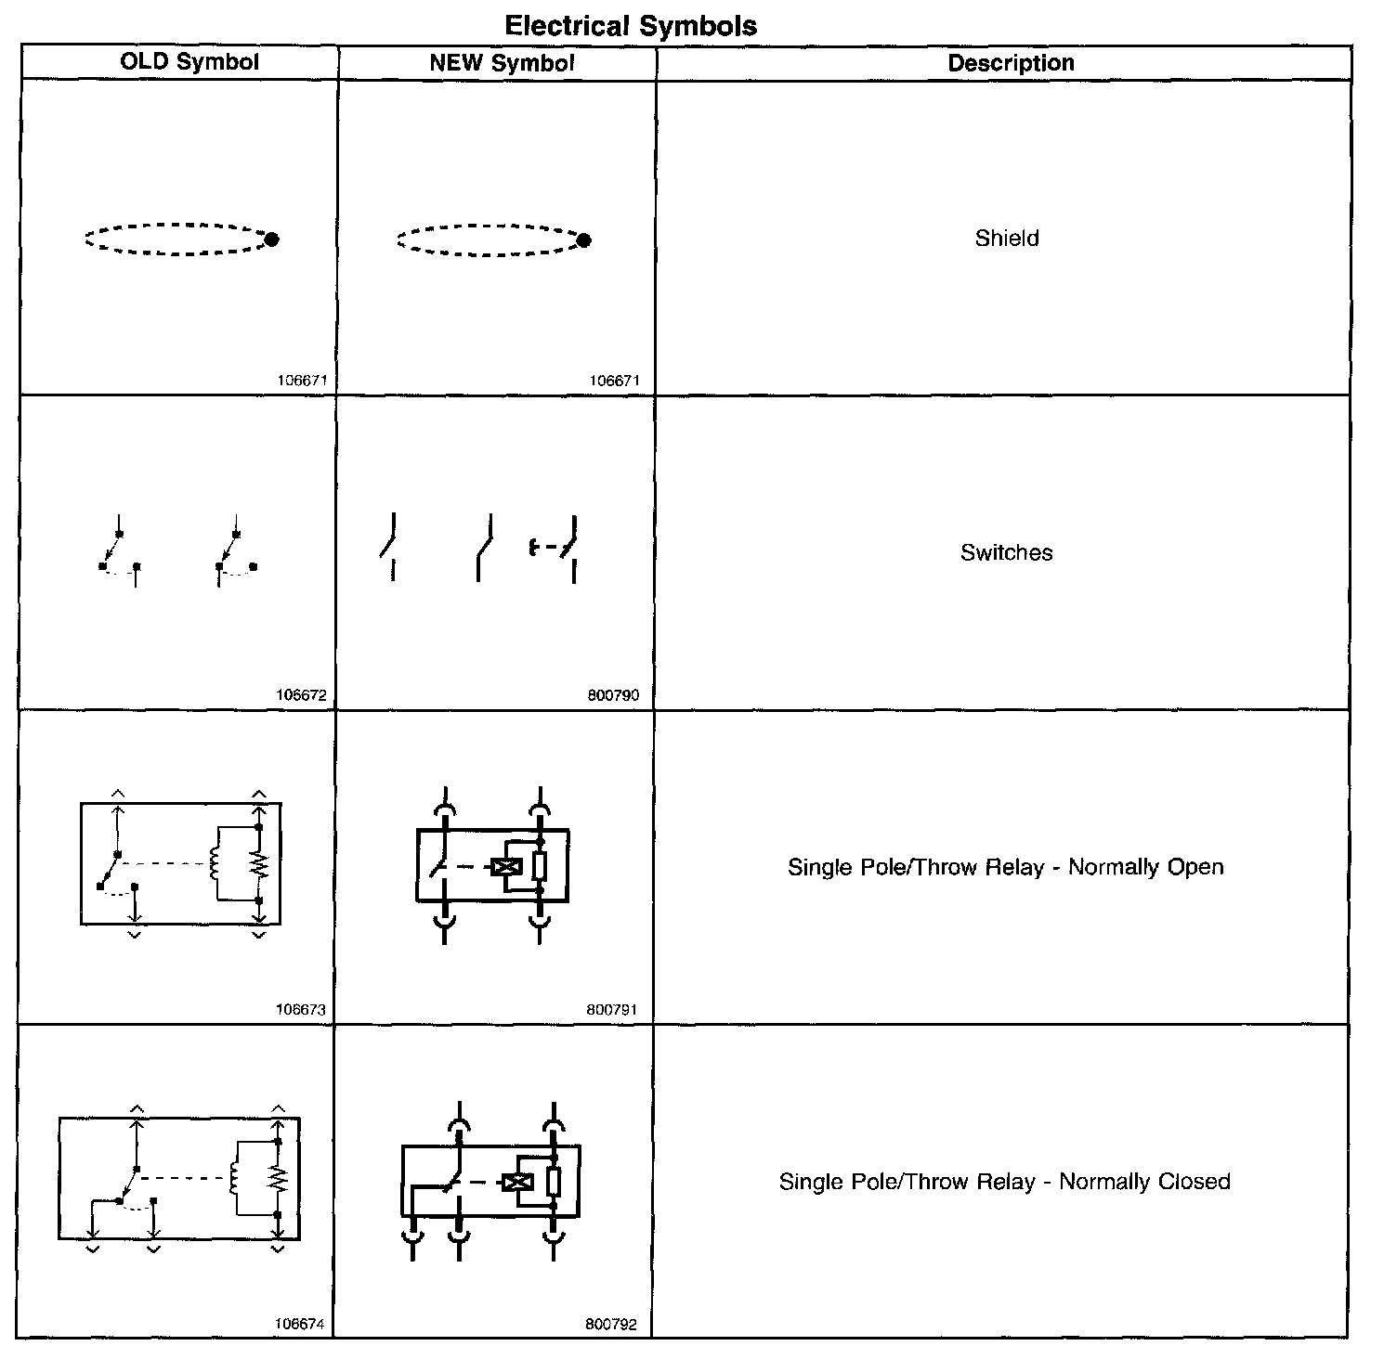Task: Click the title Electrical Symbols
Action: pos(631,26)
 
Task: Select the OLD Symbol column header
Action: pos(189,62)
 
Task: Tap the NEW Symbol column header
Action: pos(502,63)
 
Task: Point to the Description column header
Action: pos(1011,63)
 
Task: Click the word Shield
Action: pos(1007,239)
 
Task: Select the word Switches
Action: pos(1007,553)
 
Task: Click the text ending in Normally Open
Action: pos(1005,867)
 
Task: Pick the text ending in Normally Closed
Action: pos(1004,1182)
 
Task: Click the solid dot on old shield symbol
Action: pos(272,239)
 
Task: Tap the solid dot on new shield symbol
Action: pos(584,240)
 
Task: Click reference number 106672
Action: pos(301,695)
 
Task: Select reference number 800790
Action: pos(613,695)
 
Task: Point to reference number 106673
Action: pos(301,1010)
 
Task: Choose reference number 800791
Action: pos(612,1010)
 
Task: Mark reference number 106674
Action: pos(299,1325)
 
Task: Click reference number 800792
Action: pos(611,1325)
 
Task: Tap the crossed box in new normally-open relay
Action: pos(506,867)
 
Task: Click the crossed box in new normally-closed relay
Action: pos(516,1182)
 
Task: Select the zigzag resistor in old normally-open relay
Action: pos(259,864)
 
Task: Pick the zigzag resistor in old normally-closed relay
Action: pos(278,1179)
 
